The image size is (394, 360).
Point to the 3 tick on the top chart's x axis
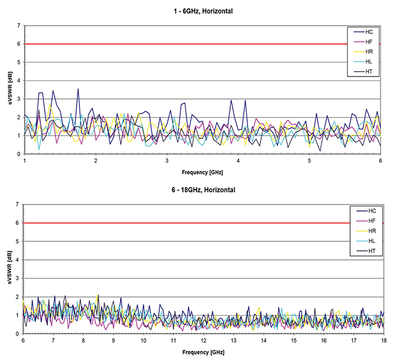click(167, 161)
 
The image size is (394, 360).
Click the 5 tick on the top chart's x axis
click(310, 161)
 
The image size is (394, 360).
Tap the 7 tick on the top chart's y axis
click(19, 25)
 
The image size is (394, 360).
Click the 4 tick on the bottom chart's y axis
click(19, 260)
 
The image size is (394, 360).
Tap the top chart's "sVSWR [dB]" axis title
click(7, 90)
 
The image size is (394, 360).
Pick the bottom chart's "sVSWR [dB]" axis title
click(7, 269)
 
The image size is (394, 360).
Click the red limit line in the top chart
click(169, 44)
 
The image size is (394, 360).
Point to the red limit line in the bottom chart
click(169, 223)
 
